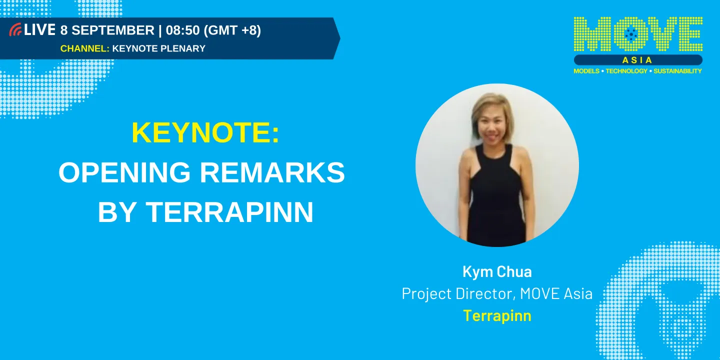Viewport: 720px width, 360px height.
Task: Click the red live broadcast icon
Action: (15, 30)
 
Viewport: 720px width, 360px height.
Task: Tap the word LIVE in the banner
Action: (39, 30)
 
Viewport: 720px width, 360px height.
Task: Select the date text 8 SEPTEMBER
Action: (107, 30)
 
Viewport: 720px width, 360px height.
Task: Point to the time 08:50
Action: (183, 30)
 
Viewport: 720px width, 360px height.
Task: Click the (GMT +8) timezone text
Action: (232, 30)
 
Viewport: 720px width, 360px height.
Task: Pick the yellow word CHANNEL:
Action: (84, 48)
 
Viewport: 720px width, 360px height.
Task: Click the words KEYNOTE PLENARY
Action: (159, 48)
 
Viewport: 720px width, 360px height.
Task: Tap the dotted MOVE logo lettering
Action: (637, 34)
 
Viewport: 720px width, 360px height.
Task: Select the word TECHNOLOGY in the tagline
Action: (626, 71)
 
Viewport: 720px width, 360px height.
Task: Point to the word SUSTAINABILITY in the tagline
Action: (677, 71)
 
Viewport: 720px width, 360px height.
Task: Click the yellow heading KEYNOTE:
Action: (205, 133)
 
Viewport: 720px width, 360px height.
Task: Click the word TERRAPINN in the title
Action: (229, 212)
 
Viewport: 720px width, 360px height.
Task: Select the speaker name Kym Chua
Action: (497, 271)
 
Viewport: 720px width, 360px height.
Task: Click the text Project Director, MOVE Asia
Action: (497, 293)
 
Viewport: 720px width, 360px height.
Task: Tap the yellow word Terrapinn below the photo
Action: (497, 316)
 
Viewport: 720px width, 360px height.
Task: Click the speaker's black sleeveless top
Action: (495, 200)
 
